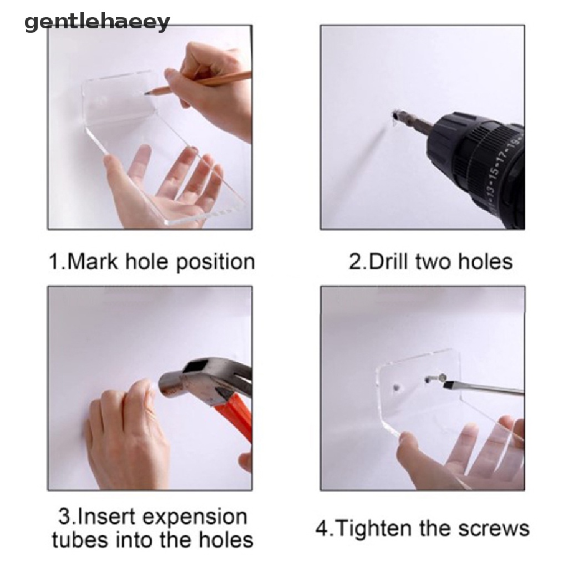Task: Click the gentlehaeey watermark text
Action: point(97,23)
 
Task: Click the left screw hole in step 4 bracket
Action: point(396,386)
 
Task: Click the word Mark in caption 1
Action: point(91,261)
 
